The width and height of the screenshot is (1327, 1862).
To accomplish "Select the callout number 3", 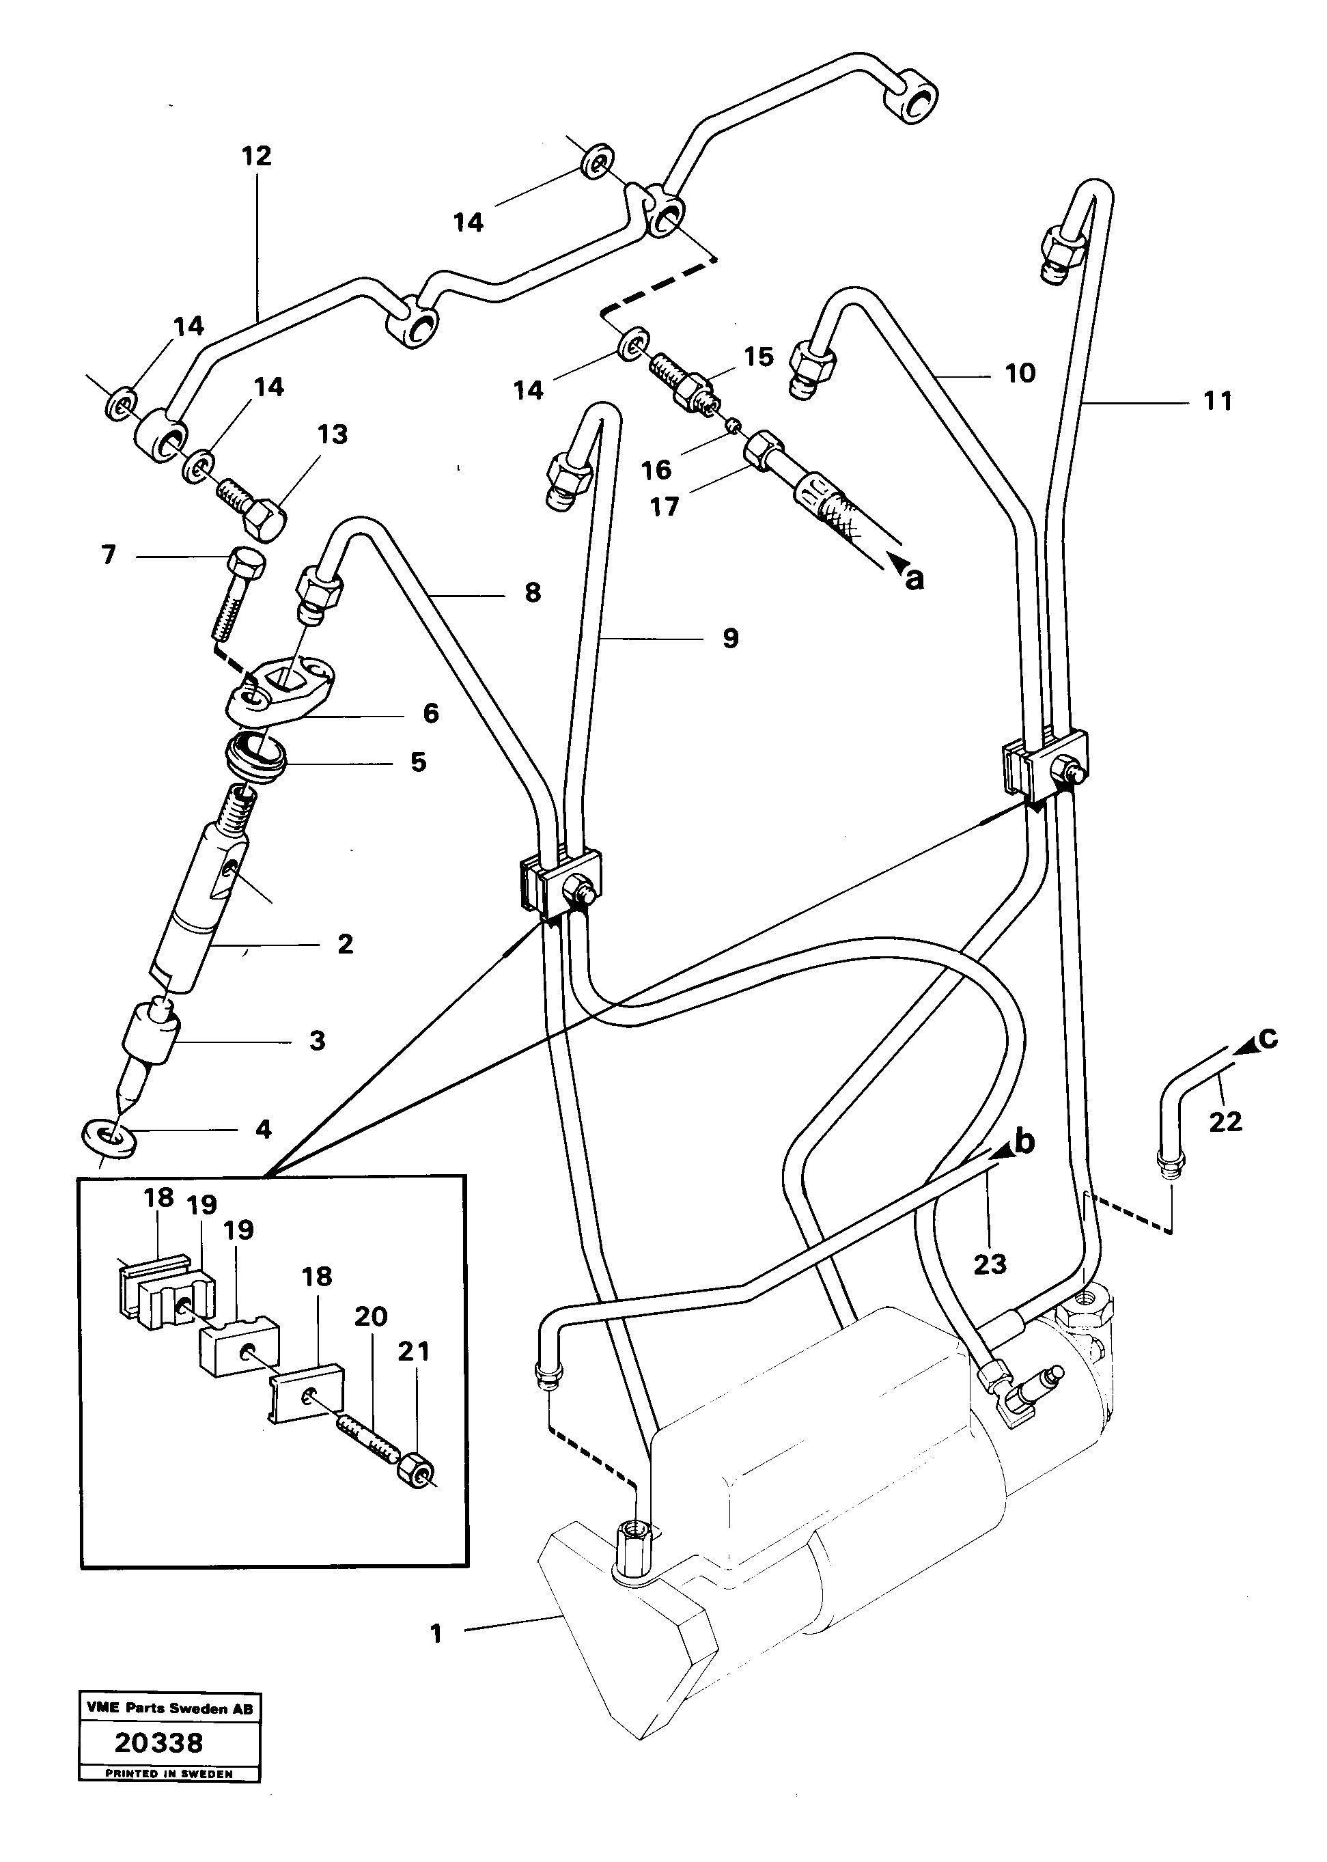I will click(317, 1041).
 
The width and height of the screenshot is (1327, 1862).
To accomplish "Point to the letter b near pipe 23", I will click(1024, 1141).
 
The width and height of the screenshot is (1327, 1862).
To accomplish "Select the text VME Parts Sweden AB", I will click(170, 1708).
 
